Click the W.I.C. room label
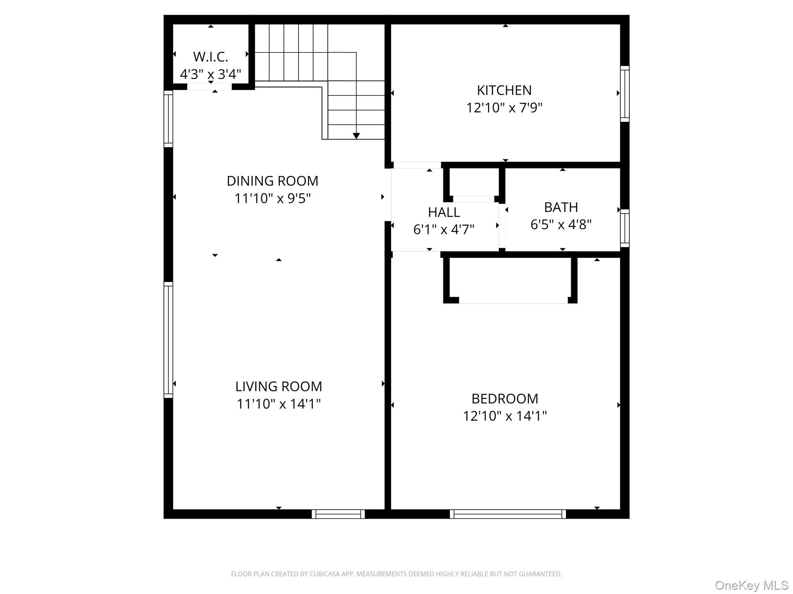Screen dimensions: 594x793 (210, 57)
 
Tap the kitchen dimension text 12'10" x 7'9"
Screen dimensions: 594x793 (504, 108)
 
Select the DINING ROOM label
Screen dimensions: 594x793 (272, 181)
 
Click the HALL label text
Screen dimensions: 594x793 (444, 212)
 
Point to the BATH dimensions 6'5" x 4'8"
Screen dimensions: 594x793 (561, 224)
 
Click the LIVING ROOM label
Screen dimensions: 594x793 (278, 386)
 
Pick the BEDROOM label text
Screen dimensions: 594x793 (505, 399)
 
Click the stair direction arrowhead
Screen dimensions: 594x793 (356, 136)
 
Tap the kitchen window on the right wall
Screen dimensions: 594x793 (625, 94)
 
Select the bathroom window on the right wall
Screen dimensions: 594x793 (625, 228)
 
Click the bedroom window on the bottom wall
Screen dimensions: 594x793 (508, 514)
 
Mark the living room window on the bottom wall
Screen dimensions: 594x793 (338, 514)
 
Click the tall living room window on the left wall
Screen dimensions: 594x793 (168, 340)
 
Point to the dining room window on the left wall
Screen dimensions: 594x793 (168, 119)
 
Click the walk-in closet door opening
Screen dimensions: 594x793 (209, 87)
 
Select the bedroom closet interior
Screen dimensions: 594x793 (510, 279)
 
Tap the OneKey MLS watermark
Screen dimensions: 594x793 (752, 585)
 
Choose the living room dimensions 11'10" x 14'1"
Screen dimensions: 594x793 (278, 404)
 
